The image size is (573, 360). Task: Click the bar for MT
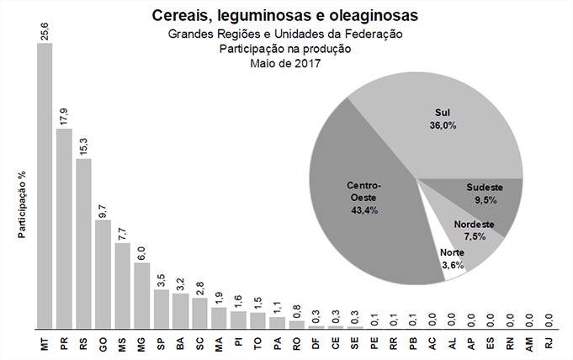45,185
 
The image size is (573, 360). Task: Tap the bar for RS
83,243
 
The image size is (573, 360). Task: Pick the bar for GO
103,274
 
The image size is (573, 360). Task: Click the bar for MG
141,295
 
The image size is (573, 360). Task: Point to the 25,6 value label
45,30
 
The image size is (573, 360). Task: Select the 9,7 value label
103,208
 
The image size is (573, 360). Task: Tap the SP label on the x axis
161,343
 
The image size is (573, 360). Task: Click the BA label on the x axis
180,343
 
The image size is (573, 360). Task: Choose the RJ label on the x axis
549,343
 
